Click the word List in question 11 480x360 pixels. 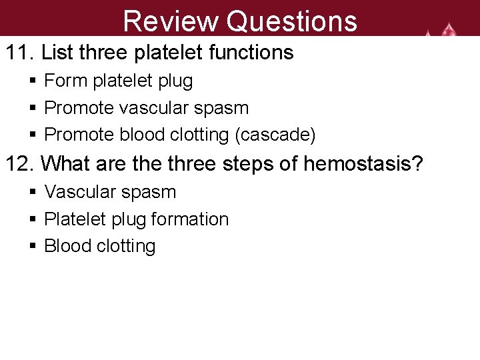point(57,53)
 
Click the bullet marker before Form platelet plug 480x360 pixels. point(33,82)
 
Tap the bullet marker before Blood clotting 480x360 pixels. point(33,247)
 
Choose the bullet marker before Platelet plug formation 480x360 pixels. point(33,219)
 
